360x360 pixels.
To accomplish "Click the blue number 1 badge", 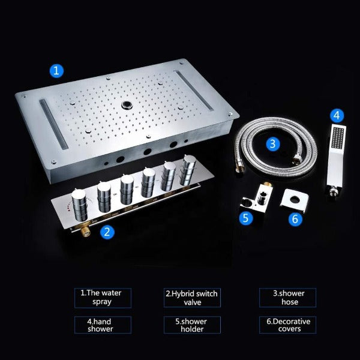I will coord(56,71).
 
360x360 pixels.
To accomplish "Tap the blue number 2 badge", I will coord(106,232).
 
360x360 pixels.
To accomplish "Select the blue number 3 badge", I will coord(273,143).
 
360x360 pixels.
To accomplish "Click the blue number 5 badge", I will coord(245,218).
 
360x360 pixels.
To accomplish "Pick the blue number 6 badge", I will coord(294,219).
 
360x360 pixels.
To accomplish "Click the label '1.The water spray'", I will coord(105,298).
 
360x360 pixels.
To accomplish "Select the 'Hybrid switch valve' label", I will coord(192,298).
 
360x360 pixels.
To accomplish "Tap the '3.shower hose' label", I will coord(288,298).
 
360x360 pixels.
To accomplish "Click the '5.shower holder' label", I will coord(192,325).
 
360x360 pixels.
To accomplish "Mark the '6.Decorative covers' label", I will coord(288,325).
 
